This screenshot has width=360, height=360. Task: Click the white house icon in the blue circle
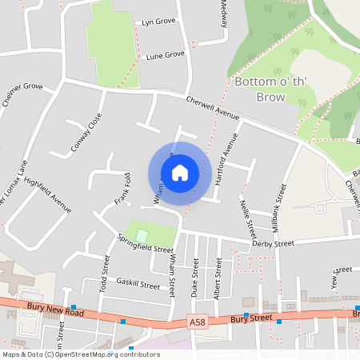[180, 173]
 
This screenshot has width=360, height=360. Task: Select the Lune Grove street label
[166, 54]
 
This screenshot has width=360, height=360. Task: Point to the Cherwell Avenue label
[213, 107]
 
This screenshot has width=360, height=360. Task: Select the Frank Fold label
[122, 188]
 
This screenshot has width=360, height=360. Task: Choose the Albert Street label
[218, 278]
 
